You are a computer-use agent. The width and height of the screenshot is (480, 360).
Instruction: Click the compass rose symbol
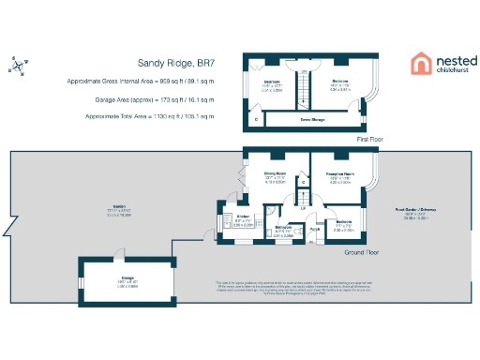click(21, 65)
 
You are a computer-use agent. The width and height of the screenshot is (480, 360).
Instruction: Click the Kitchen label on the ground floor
click(243, 217)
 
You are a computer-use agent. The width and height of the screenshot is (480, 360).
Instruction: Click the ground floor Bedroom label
click(344, 221)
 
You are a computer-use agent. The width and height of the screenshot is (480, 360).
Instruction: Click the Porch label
click(315, 228)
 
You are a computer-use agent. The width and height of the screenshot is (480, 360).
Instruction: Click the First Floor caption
click(370, 139)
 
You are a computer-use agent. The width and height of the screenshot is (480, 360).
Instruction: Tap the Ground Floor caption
click(361, 252)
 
